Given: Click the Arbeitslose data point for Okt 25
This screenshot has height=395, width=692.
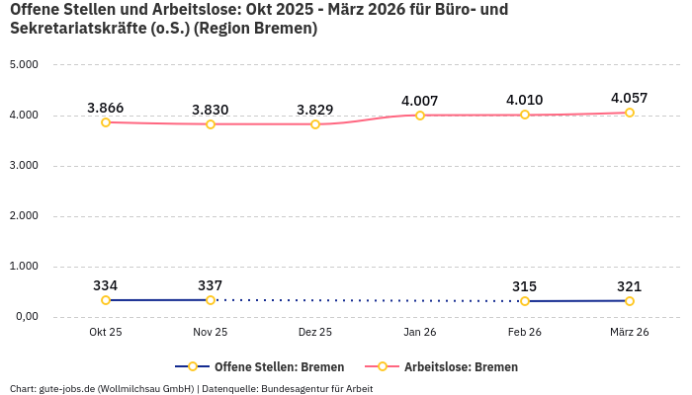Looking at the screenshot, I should coord(106,121).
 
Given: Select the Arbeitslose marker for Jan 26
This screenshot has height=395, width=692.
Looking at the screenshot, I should coord(420,116).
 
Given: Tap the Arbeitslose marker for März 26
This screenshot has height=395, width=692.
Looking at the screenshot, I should coord(630,113).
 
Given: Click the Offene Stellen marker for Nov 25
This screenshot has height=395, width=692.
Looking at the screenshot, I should coord(211,300).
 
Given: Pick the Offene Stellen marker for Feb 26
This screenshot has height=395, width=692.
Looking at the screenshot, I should coord(525,301).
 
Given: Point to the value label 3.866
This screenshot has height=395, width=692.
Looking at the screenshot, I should coord(106,108).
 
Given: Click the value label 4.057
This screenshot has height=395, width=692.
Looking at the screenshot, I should coord(630,98).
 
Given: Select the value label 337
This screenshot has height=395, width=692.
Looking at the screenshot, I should coord(211,285).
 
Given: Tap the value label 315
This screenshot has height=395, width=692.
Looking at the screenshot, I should coord(525,286).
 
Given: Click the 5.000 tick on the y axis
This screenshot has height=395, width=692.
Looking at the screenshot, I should coord(23,64).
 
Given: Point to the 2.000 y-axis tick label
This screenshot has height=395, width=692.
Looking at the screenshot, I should coord(23,215).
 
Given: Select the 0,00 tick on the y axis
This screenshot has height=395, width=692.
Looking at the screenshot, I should coord(25,316).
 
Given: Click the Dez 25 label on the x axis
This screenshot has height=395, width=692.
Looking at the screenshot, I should coord(315,333).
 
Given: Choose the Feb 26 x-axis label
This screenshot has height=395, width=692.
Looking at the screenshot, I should coord(525,333).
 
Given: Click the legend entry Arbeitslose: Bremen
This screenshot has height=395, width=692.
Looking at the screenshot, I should coord(461,366).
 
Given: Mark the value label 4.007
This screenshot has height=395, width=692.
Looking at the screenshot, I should coord(420,101).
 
